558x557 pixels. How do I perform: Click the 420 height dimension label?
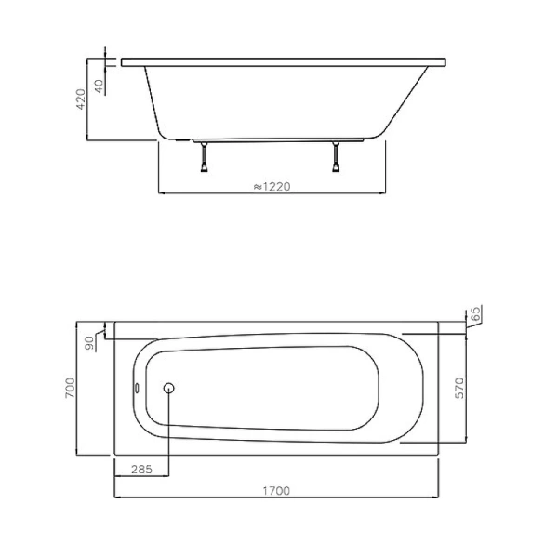click(81, 99)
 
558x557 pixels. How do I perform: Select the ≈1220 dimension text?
click(272, 186)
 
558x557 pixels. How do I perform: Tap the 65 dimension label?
click(474, 315)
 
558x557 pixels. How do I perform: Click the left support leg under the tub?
click(204, 158)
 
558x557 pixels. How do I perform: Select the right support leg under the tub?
click(334, 158)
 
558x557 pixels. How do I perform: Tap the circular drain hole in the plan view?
click(169, 390)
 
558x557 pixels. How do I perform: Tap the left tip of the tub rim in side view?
click(122, 63)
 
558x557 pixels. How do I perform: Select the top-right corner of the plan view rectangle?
click(439, 325)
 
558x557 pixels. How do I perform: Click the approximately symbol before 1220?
click(257, 186)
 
